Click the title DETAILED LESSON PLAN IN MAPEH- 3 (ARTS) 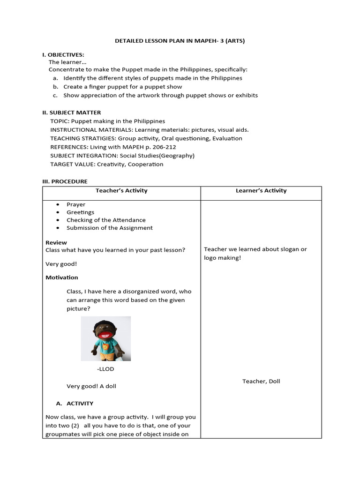[180, 41]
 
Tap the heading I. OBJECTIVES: [63, 55]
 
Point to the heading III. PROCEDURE [65, 181]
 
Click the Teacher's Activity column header [121, 191]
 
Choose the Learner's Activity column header [262, 191]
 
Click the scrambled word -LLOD [105, 369]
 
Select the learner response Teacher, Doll [261, 381]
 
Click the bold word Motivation [62, 277]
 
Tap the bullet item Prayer [76, 204]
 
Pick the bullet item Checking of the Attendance [106, 220]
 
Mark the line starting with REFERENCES [113, 147]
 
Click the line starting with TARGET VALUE [107, 164]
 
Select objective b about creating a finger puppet [123, 87]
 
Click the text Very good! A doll [91, 386]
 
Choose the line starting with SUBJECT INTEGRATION [122, 156]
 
